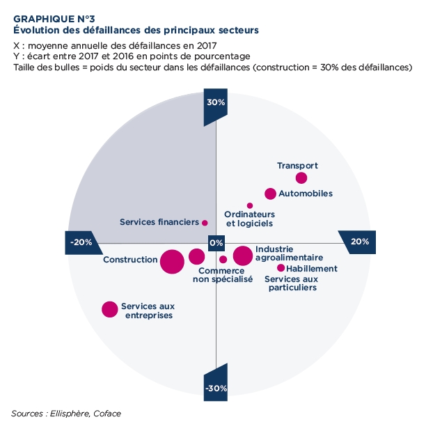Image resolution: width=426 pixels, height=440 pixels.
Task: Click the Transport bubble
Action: pos(301,178)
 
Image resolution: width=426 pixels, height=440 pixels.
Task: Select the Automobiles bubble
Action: pos(271,194)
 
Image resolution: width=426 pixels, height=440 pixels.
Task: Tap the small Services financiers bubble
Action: pos(205,223)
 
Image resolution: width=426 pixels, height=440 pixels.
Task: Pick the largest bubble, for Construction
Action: pos(172,262)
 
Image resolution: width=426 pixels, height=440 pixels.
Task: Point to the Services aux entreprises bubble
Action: pos(109,309)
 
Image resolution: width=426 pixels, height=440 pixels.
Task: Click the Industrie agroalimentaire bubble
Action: pos(242,256)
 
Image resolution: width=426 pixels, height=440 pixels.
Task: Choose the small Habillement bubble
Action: pos(281,268)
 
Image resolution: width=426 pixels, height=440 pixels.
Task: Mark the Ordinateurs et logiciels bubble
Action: pos(250,205)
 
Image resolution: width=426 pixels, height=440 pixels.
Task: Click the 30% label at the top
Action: pos(216,102)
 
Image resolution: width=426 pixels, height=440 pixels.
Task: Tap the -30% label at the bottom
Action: pos(216,388)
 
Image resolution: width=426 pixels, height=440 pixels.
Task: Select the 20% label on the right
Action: pos(360,242)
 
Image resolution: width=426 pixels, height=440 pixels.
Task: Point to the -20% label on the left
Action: pos(81,242)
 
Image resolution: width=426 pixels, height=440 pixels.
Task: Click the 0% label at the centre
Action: pos(216,243)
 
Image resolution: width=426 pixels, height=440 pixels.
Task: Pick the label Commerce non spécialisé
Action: pos(222,275)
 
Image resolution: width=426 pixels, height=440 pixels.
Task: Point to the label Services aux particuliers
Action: pos(292,283)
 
